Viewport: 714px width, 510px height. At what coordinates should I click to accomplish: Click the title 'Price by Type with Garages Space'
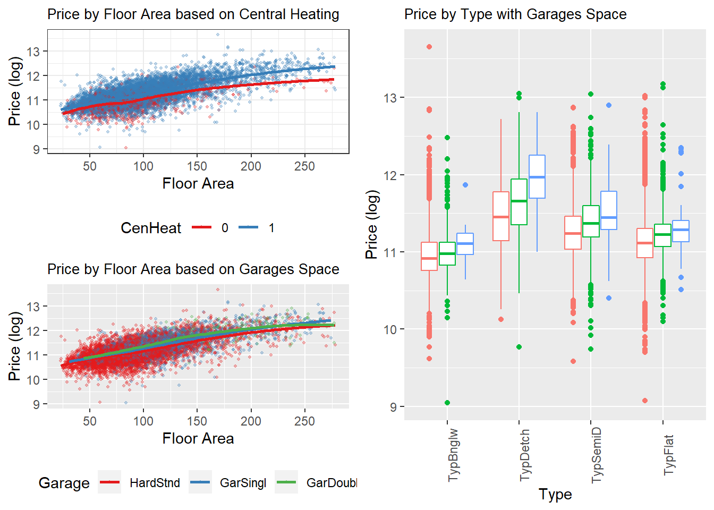(x=515, y=15)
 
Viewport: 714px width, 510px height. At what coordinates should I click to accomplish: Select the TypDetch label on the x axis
(x=524, y=455)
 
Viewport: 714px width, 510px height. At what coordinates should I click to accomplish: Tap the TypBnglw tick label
(x=453, y=455)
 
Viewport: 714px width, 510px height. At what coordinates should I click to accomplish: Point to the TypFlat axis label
(x=668, y=455)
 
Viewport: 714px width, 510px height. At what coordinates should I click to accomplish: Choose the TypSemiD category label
(x=596, y=455)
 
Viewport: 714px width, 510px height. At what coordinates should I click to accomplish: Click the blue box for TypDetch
(x=537, y=176)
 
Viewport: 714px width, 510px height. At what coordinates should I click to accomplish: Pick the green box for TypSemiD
(x=591, y=221)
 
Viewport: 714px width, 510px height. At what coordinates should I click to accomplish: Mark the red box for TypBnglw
(x=429, y=256)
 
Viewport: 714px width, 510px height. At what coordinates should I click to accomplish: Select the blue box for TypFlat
(x=681, y=231)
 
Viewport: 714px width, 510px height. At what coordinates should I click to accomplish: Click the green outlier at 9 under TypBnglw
(x=447, y=403)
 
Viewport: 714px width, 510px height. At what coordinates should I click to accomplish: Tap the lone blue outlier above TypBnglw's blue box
(x=465, y=185)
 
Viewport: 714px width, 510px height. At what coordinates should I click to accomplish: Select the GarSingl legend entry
(x=227, y=482)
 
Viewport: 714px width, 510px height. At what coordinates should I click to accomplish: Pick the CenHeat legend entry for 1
(x=257, y=227)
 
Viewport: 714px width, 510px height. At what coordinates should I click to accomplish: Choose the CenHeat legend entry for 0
(x=210, y=227)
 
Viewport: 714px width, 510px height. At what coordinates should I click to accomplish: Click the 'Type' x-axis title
(x=555, y=495)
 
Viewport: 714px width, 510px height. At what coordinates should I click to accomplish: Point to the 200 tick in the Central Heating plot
(x=251, y=166)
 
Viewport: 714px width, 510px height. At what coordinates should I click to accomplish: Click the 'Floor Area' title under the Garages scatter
(x=198, y=438)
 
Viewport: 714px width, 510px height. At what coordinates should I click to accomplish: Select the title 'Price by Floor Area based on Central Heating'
(x=193, y=15)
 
